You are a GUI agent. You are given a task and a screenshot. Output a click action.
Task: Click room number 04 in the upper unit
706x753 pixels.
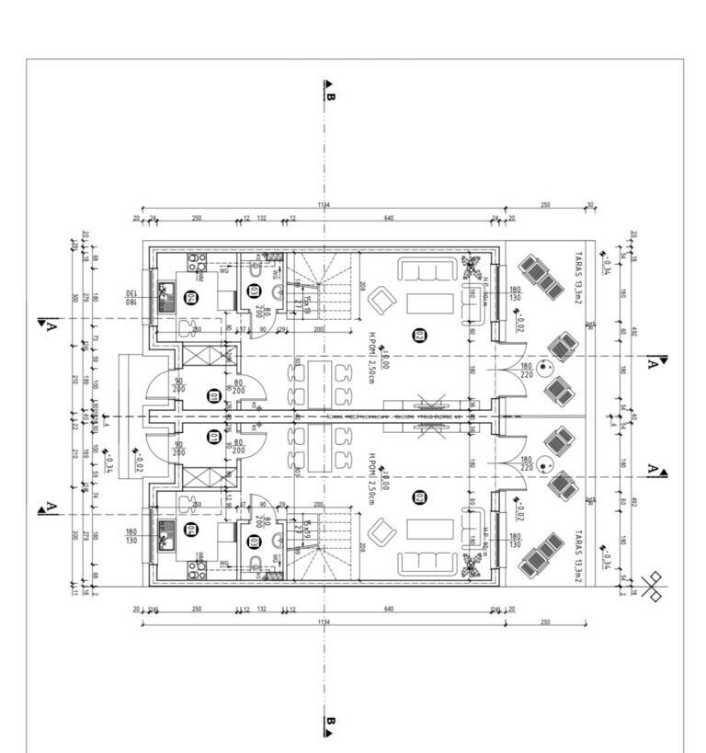[x=191, y=296]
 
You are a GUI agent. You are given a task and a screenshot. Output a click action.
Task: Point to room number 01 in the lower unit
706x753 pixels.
[x=213, y=438]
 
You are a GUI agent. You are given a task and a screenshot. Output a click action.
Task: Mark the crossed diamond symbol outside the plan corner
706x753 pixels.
[x=654, y=586]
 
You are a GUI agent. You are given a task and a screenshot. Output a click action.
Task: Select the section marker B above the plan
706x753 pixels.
[x=329, y=90]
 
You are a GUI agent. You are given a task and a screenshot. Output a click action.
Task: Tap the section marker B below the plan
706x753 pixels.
[x=329, y=726]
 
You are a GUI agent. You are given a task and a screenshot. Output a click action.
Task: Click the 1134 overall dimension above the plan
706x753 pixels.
[x=323, y=205]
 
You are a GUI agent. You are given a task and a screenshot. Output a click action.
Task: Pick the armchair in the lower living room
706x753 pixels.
[x=380, y=531]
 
